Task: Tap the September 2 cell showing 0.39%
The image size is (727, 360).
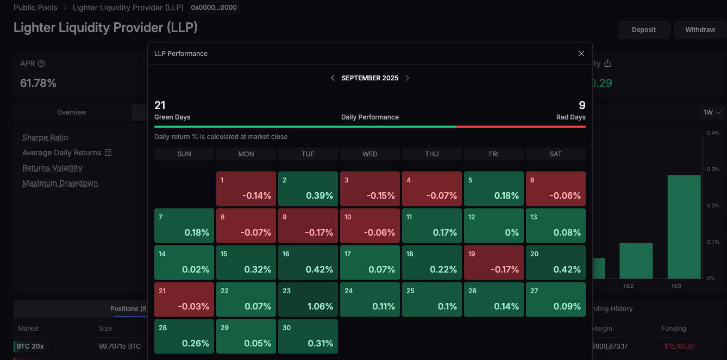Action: pos(308,188)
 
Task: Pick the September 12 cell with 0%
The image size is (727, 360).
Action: pos(494,225)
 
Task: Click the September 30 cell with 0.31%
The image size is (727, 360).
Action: pos(308,336)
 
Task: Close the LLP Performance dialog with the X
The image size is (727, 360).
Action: pos(581,54)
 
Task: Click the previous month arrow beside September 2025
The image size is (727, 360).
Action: pos(333,78)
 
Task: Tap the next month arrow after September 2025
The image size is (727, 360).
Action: pos(408,78)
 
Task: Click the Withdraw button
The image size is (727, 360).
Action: pos(700,30)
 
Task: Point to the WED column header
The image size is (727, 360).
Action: pos(370,154)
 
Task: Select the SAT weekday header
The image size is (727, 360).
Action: pos(555,154)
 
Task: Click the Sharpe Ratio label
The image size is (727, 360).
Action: pos(45,138)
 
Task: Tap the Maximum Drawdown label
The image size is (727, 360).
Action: pos(60,184)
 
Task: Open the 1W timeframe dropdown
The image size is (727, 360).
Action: pos(712,112)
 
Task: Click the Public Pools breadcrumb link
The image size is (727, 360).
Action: pos(35,8)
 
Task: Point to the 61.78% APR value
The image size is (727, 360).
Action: pos(38,83)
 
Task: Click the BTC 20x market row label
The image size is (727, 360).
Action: pos(30,346)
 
